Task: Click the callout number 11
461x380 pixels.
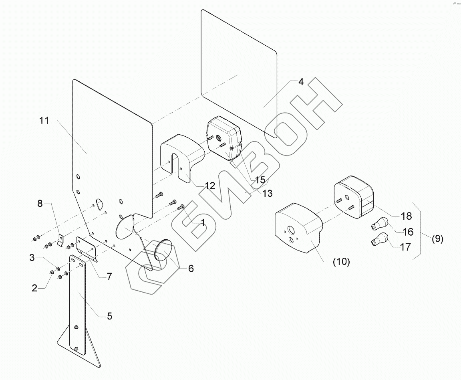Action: (44, 120)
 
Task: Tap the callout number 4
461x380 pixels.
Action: (300, 81)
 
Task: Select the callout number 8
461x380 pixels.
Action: (40, 204)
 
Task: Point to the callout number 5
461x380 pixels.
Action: (109, 316)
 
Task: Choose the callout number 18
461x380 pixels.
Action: (406, 216)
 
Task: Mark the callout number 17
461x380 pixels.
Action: (405, 247)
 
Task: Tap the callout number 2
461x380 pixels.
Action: (35, 288)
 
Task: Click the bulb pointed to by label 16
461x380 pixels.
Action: (379, 222)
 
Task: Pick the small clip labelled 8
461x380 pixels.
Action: (61, 240)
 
